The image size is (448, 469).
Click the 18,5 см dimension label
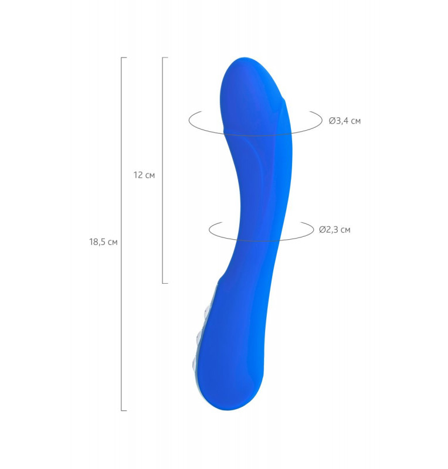click(x=103, y=242)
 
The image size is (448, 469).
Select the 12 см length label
click(x=144, y=175)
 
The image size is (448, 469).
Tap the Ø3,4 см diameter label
click(x=345, y=121)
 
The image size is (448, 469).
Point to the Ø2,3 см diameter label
click(x=335, y=230)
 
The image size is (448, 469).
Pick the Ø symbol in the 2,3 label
click(x=322, y=230)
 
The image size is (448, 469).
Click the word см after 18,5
click(x=113, y=243)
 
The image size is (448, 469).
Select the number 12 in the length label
click(x=138, y=175)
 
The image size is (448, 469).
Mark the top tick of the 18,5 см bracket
click(x=124, y=57)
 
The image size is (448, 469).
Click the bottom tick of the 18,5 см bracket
click(x=124, y=410)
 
